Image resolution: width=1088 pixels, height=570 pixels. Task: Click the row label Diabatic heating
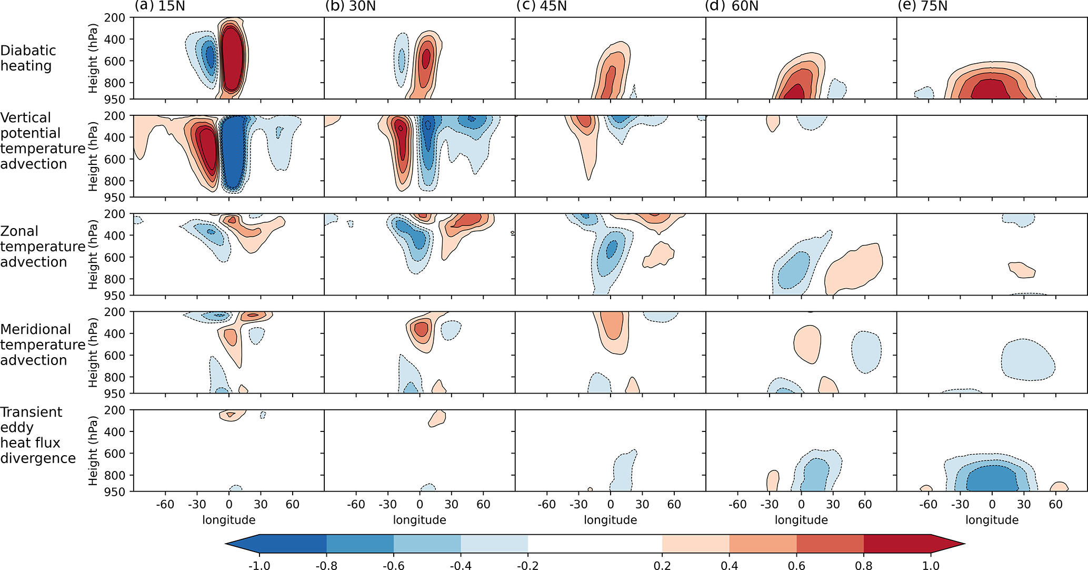pos(28,58)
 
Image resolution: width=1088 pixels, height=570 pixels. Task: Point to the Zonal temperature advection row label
pos(42,247)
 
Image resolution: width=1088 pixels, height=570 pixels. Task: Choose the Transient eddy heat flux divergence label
pos(38,435)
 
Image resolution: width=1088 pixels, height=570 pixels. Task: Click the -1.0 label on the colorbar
pos(259,565)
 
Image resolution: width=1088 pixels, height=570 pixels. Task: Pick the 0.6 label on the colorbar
pos(796,565)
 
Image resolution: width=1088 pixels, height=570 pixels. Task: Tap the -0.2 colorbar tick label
pos(527,565)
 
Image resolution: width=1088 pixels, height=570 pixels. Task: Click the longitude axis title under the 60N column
pos(801,520)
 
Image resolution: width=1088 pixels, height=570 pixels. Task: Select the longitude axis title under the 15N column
pos(229,520)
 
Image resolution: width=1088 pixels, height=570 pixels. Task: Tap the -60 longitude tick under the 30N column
pos(356,504)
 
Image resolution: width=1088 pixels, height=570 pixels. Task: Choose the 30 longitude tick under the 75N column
pos(1024,504)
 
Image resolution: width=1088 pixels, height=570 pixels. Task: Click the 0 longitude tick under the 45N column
pos(611,504)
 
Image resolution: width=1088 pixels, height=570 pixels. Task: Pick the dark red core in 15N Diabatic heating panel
pos(232,58)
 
